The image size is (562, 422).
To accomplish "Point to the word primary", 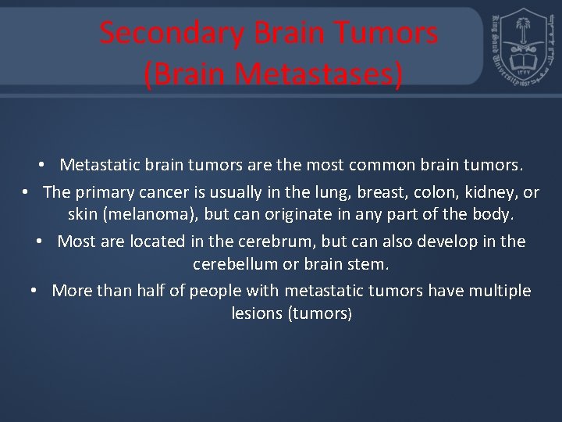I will tap(105, 192).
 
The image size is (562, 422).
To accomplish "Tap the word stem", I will tap(369, 264).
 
